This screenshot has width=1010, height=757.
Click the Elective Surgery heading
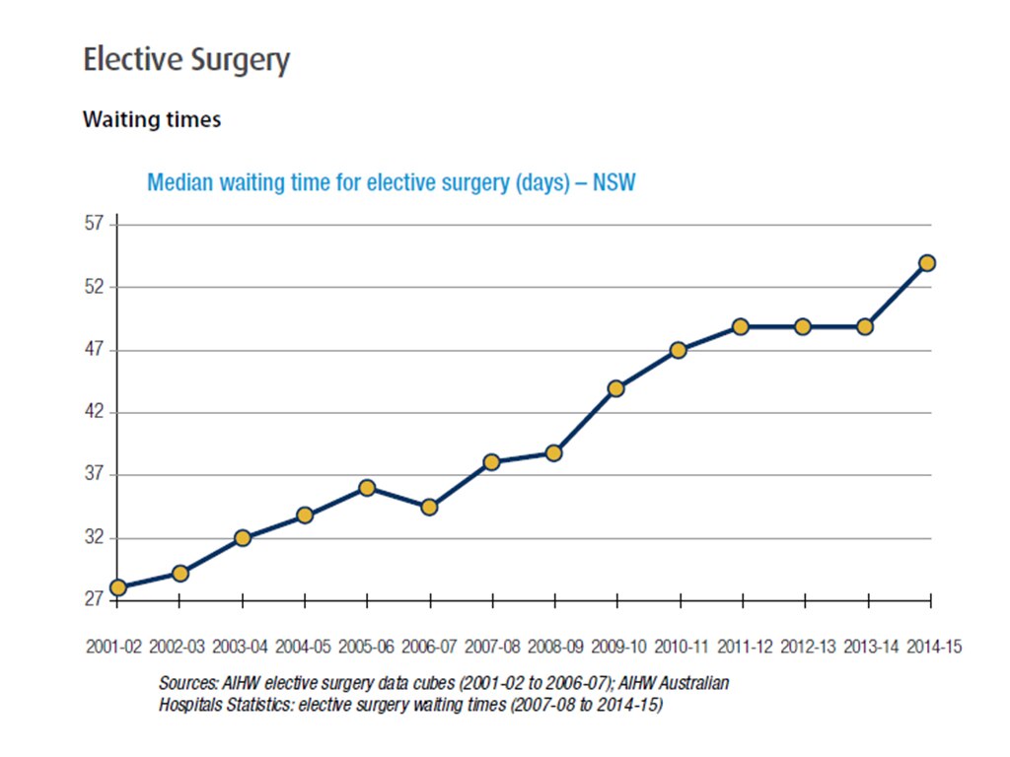tap(186, 60)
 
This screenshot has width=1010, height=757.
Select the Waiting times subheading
tap(152, 119)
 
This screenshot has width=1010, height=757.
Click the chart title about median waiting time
tap(391, 183)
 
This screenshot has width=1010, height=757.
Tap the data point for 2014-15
tap(927, 263)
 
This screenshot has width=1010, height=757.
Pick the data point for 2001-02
tap(118, 587)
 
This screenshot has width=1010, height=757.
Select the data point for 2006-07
tap(429, 507)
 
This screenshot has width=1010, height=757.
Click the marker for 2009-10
tap(615, 388)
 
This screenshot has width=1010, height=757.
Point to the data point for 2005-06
tap(367, 488)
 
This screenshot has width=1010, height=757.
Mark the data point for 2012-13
tap(803, 326)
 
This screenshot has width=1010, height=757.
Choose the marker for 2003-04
tap(243, 538)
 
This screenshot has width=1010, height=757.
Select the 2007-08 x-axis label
tap(492, 648)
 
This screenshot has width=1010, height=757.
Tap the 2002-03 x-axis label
tap(178, 648)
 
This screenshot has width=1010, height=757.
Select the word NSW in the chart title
tap(613, 183)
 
